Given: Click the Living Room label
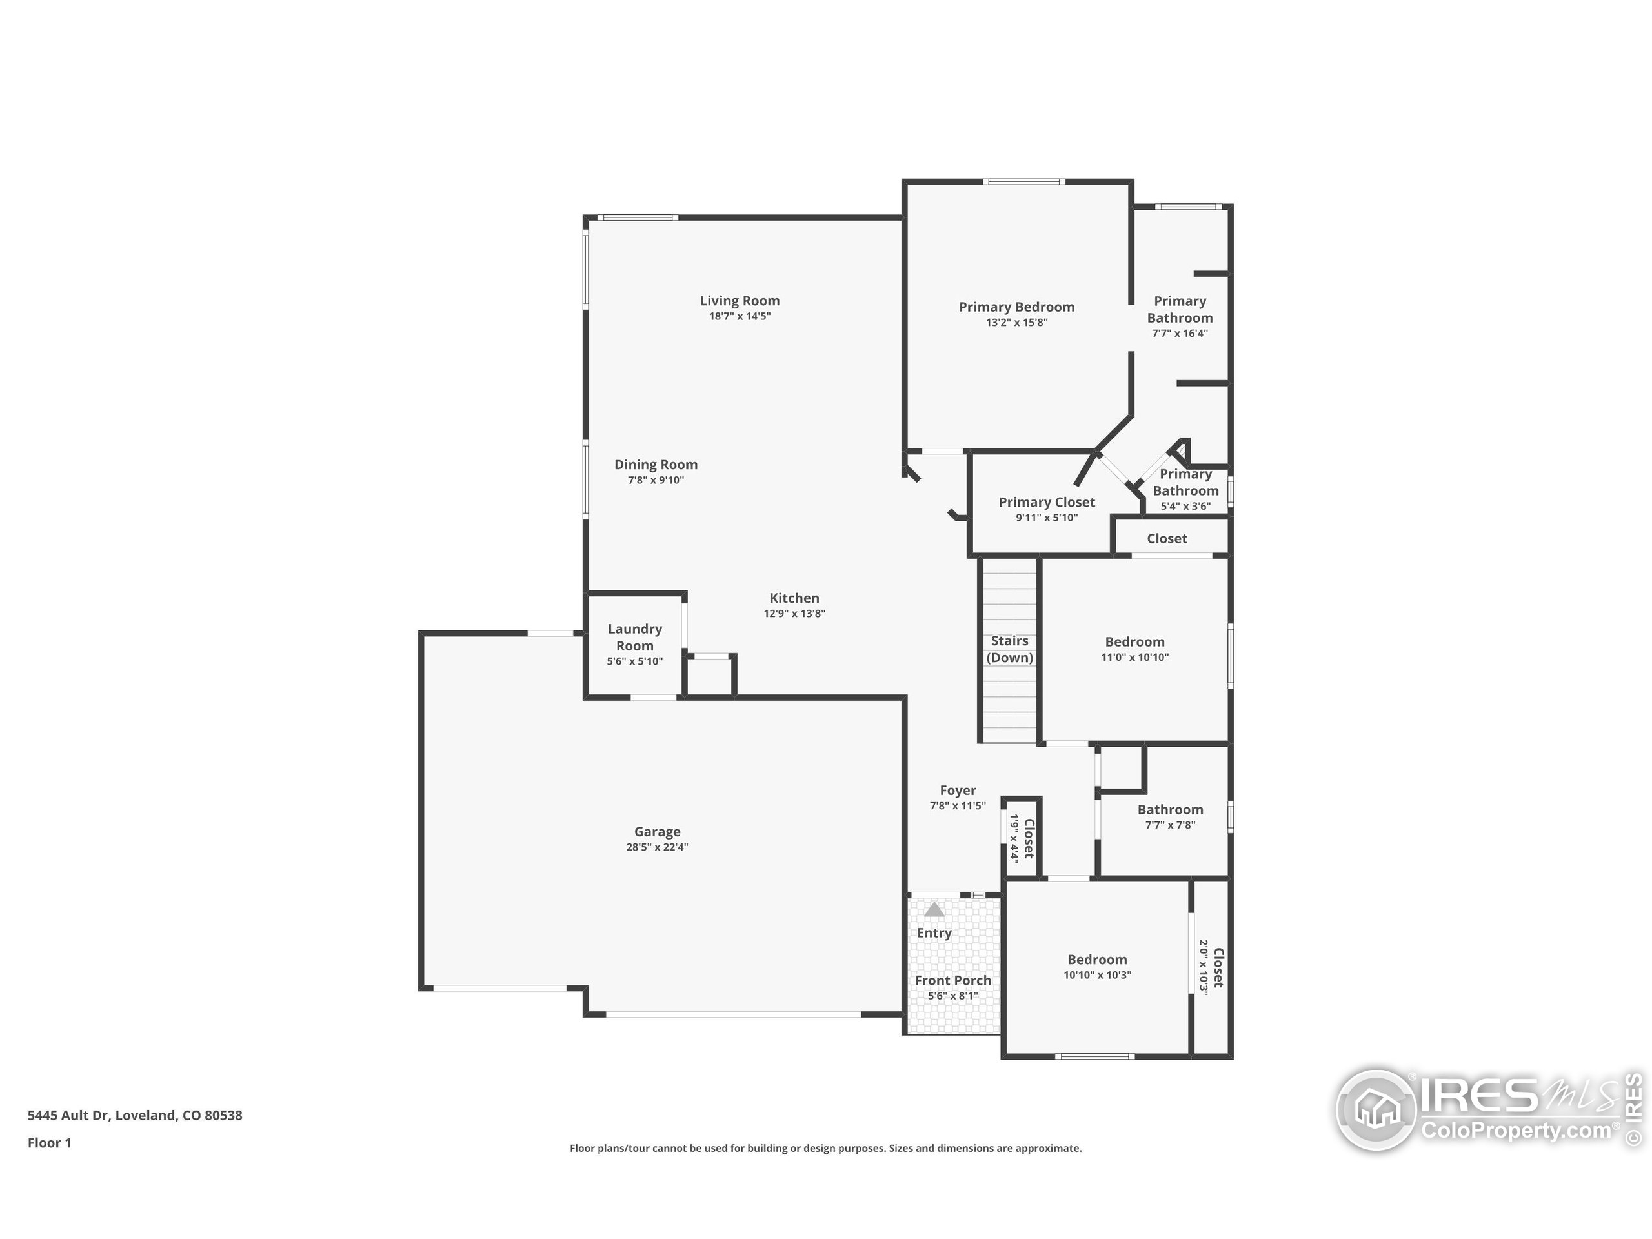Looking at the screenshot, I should tap(740, 301).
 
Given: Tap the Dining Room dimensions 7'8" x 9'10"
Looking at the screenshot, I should tap(656, 480).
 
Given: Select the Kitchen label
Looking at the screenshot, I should tap(794, 598).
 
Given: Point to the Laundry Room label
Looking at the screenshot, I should tap(635, 637).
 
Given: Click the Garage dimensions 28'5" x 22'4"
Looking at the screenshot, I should tap(656, 847).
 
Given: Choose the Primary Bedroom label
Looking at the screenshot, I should tap(1016, 307).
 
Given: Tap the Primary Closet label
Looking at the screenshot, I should tap(1046, 503).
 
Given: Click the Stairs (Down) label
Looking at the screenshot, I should tap(1010, 649).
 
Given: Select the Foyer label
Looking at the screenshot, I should tap(958, 790).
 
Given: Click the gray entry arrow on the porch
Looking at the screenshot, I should tap(934, 910).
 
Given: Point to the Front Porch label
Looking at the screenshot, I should tap(953, 981).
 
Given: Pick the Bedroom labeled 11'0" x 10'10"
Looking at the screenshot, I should tap(1134, 642).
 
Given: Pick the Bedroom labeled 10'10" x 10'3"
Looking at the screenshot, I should tap(1097, 960).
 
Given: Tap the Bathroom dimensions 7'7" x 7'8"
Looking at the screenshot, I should tap(1171, 825).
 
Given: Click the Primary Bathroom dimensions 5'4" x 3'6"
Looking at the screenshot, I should tap(1185, 507).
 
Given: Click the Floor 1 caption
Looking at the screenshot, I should tap(49, 1143).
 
